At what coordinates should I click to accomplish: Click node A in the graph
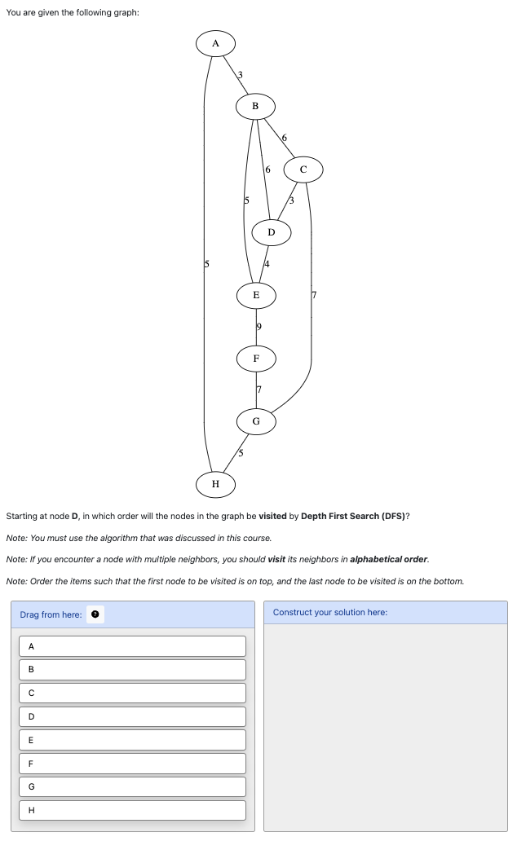[x=215, y=43]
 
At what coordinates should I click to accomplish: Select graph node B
[x=255, y=106]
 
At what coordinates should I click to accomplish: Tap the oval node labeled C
[x=303, y=170]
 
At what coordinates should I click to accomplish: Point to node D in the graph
[x=272, y=232]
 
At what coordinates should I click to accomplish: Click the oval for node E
[x=256, y=295]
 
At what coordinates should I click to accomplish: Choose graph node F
[x=256, y=358]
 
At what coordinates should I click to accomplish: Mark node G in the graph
[x=256, y=421]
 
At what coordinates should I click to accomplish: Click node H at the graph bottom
[x=215, y=484]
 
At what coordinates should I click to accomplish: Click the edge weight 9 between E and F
[x=258, y=327]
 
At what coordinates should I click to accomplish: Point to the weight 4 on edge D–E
[x=267, y=264]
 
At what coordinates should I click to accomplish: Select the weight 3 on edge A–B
[x=239, y=75]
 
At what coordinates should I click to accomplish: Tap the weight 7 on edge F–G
[x=258, y=390]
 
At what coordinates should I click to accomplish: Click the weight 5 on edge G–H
[x=241, y=453]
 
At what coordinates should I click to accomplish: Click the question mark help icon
[x=95, y=614]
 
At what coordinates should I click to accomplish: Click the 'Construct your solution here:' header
[x=330, y=612]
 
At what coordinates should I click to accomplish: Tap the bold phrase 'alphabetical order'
[x=388, y=559]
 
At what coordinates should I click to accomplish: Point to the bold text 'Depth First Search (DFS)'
[x=352, y=517]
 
